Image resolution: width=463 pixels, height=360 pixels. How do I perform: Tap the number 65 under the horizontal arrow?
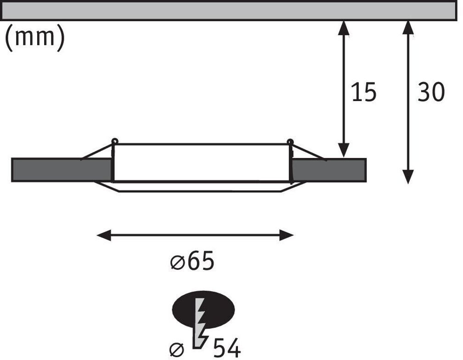200,262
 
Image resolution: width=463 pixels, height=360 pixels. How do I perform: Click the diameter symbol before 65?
176,263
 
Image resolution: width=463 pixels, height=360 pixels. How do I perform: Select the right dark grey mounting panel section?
329,170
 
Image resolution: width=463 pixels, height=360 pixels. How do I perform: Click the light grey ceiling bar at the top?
230,10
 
